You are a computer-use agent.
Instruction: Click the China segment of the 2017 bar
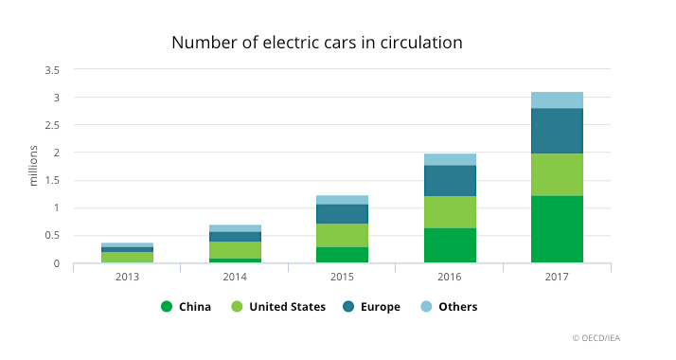pyautogui.click(x=557, y=229)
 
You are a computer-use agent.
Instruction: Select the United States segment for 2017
pyautogui.click(x=557, y=175)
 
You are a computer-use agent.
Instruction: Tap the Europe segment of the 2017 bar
pyautogui.click(x=557, y=131)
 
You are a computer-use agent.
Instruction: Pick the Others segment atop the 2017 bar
pyautogui.click(x=557, y=100)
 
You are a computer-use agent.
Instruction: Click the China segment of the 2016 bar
pyautogui.click(x=450, y=245)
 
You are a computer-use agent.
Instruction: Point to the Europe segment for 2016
pyautogui.click(x=450, y=181)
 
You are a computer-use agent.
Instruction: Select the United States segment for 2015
pyautogui.click(x=343, y=235)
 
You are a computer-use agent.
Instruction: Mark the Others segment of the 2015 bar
pyautogui.click(x=343, y=200)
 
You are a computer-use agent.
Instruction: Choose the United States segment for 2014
pyautogui.click(x=235, y=250)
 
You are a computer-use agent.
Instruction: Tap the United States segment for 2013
pyautogui.click(x=128, y=258)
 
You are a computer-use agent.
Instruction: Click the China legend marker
pyautogui.click(x=167, y=307)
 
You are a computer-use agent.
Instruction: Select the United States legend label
pyautogui.click(x=288, y=307)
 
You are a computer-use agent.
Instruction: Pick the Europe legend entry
pyautogui.click(x=371, y=307)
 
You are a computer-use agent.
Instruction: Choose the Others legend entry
pyautogui.click(x=449, y=307)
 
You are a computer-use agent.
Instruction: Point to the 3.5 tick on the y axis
pyautogui.click(x=52, y=70)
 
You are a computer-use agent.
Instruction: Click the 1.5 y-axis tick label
pyautogui.click(x=52, y=181)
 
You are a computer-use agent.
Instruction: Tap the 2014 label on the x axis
pyautogui.click(x=235, y=277)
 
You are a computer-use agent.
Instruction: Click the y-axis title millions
pyautogui.click(x=33, y=166)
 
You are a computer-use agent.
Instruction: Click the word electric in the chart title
pyautogui.click(x=288, y=43)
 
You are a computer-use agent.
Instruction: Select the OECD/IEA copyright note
pyautogui.click(x=596, y=338)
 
